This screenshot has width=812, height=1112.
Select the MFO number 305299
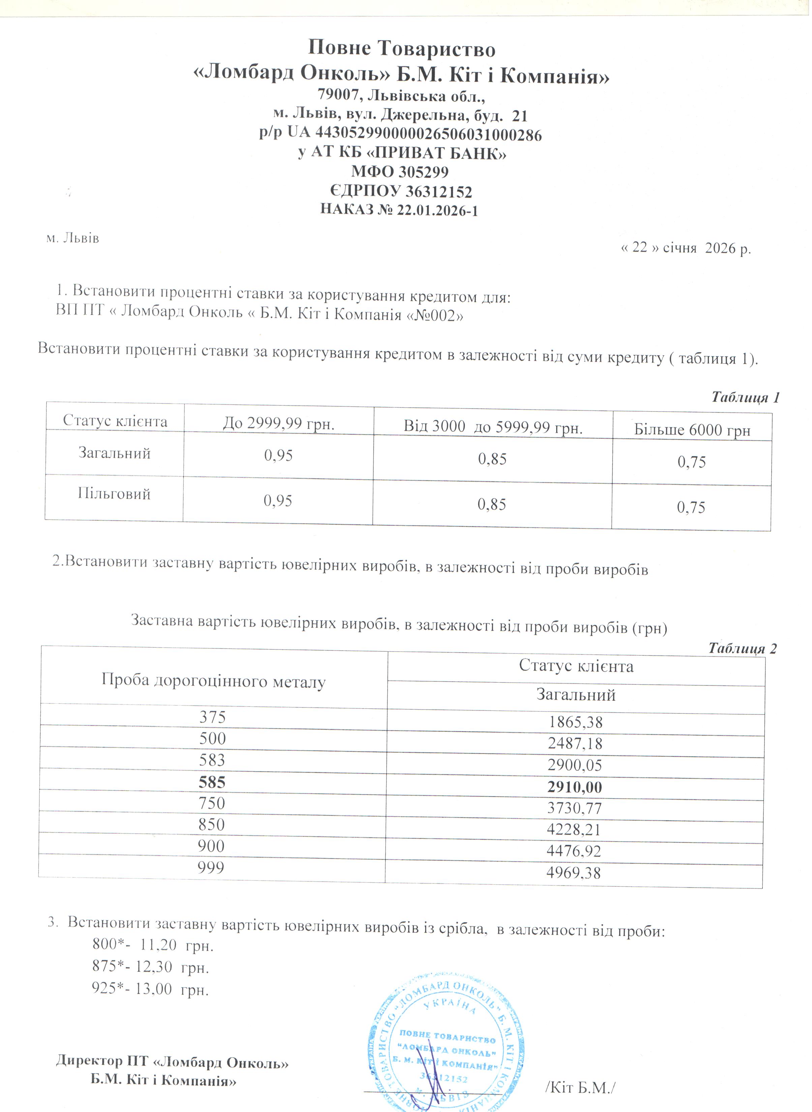423,172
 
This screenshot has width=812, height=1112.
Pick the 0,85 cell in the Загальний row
492,459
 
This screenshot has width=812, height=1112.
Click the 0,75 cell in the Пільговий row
691,507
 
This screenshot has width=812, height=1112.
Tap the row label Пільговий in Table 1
114,494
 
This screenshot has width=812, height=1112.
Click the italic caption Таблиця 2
742,649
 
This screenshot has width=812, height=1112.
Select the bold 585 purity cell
212,782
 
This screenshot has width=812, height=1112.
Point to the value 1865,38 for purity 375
576,722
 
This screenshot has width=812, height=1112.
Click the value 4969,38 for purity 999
574,873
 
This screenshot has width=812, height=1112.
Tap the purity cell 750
212,803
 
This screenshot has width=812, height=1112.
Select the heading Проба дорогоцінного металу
213,681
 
